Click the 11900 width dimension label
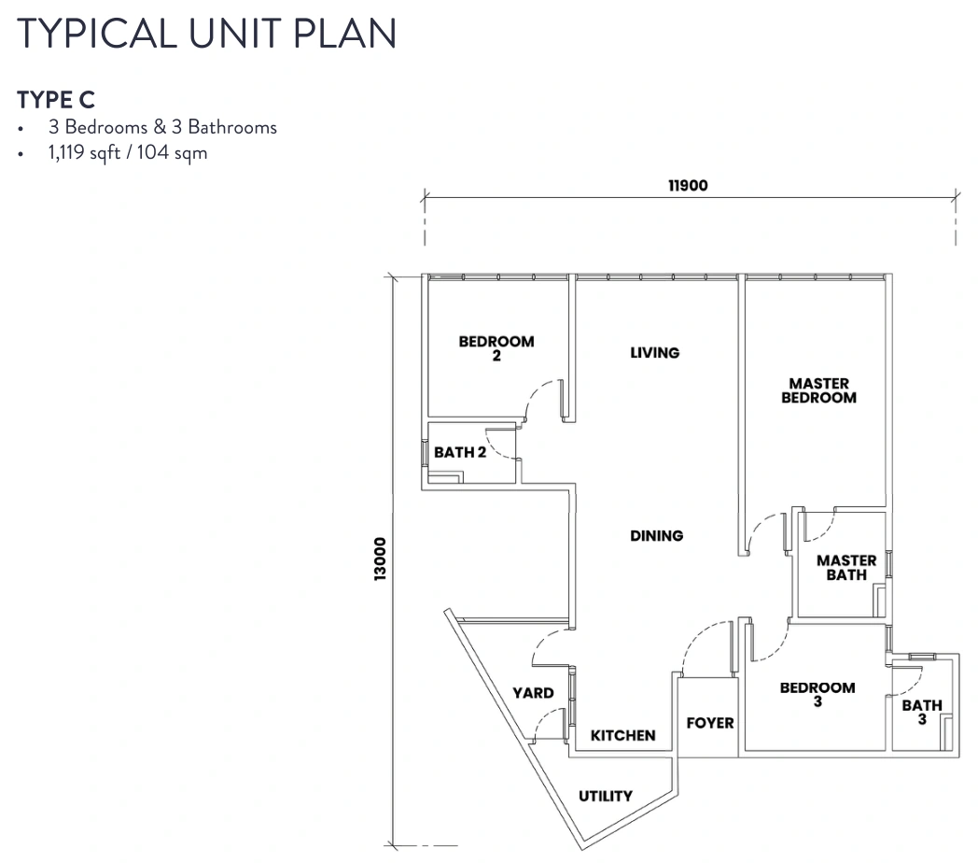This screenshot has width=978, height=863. click(688, 186)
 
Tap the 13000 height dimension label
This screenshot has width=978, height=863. click(380, 559)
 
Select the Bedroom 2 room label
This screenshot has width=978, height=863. click(496, 348)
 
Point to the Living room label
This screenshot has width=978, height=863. click(655, 353)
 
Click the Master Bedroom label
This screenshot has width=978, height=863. click(819, 390)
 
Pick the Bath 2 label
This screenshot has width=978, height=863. click(460, 452)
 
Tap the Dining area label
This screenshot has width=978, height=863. click(657, 536)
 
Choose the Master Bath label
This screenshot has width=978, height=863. click(846, 568)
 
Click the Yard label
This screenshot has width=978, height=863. click(533, 693)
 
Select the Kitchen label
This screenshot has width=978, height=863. click(623, 736)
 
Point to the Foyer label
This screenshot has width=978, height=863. click(710, 723)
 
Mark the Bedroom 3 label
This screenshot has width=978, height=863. click(817, 694)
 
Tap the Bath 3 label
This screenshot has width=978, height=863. click(922, 712)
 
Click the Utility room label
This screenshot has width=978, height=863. click(606, 796)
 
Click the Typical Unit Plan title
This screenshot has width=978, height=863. click(207, 34)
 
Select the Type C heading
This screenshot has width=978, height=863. click(56, 100)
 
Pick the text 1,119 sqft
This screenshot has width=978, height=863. click(84, 153)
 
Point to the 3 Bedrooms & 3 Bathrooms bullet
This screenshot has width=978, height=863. click(162, 127)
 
